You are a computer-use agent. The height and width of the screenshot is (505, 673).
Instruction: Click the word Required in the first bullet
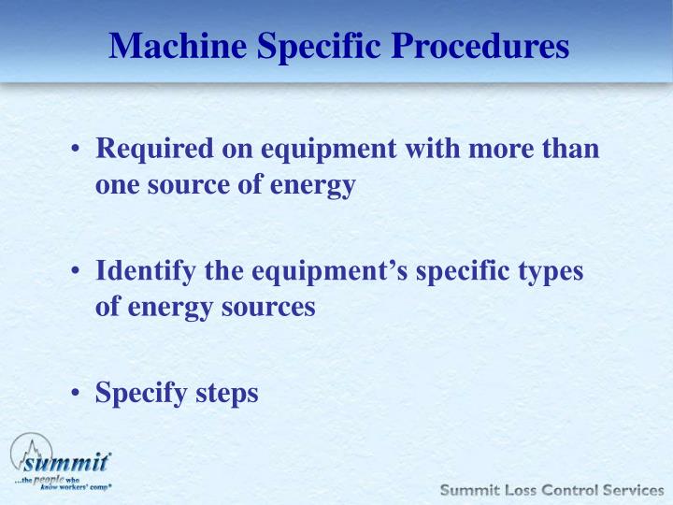tap(150, 149)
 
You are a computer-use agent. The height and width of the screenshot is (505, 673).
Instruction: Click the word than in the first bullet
tap(572, 149)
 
